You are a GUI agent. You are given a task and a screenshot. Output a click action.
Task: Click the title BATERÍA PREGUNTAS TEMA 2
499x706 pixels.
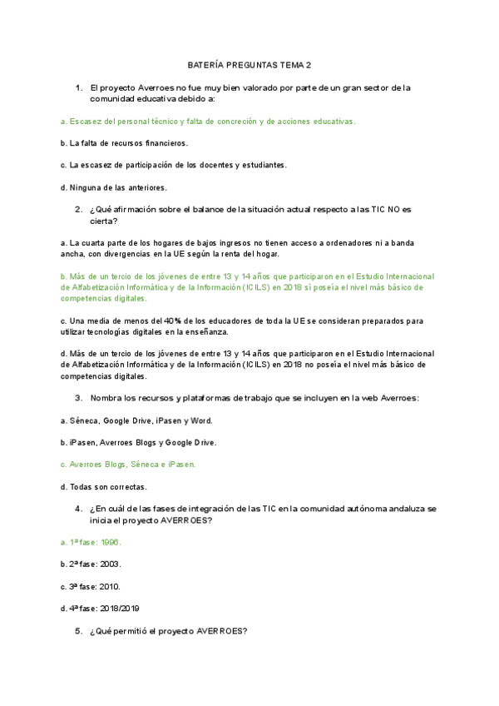(249, 65)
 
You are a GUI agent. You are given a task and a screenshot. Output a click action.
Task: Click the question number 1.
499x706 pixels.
(78, 87)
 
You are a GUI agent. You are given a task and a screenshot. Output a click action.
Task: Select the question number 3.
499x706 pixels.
(78, 397)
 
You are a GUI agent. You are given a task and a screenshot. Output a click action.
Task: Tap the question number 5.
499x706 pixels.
(78, 631)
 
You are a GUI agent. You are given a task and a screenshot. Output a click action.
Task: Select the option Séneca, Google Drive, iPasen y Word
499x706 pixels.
(131, 420)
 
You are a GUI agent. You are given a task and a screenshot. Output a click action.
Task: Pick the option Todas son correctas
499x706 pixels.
(104, 486)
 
